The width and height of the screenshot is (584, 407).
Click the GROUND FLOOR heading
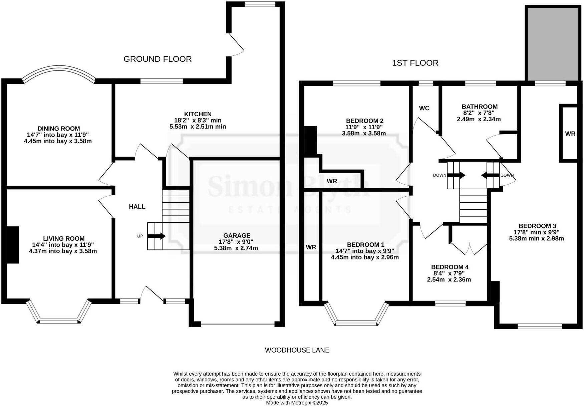click(x=158, y=59)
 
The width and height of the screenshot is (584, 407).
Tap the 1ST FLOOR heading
click(x=415, y=63)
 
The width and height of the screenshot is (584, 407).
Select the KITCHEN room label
click(x=198, y=114)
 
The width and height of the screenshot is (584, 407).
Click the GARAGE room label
click(x=237, y=236)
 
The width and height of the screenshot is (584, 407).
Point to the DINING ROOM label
click(x=58, y=129)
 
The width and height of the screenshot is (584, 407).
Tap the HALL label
click(x=137, y=207)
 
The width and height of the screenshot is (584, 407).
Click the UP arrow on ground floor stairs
click(x=156, y=236)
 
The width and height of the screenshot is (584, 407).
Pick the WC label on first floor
click(x=424, y=108)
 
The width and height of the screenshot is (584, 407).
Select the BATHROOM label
click(x=480, y=107)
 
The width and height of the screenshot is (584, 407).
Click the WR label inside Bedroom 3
click(x=570, y=134)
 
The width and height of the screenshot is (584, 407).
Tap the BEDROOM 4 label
click(x=450, y=267)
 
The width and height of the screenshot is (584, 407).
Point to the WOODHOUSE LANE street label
click(x=297, y=350)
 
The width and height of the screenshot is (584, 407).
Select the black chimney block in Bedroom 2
click(x=310, y=140)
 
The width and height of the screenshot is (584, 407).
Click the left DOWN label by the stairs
click(x=440, y=175)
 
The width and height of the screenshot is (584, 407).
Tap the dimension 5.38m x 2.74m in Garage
click(x=236, y=248)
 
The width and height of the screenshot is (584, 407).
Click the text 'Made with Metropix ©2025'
click(x=297, y=403)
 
